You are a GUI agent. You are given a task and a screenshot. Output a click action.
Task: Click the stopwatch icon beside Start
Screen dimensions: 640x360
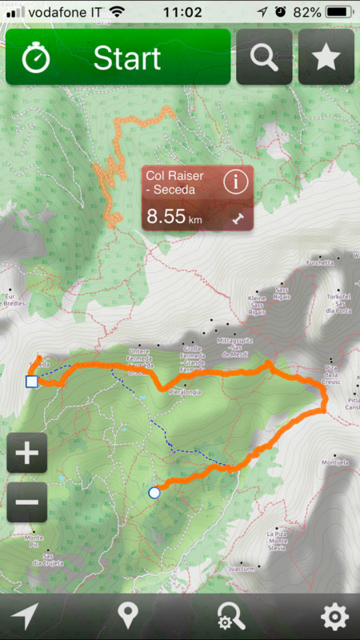coord(36,58)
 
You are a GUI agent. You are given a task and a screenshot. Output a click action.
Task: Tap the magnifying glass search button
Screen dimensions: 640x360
coord(264,58)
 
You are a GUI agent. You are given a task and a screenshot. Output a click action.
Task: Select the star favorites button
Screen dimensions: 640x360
coord(326,58)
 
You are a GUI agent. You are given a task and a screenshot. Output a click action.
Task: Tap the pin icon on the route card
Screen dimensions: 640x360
coord(238,217)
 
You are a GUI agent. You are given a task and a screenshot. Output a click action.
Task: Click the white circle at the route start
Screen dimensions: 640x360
coord(154,493)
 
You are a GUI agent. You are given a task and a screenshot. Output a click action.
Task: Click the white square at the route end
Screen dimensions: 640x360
coord(31,382)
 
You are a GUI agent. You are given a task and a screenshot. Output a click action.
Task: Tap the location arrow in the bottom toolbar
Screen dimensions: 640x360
coord(25,617)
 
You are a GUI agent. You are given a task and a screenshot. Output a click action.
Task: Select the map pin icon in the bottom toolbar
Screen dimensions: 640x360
coord(127,617)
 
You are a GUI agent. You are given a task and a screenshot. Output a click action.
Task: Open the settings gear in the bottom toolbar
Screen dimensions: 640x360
coord(334,617)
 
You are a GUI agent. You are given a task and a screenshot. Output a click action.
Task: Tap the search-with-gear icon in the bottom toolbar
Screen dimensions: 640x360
coord(231,617)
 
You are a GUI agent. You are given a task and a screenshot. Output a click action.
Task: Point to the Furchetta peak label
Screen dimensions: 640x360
coord(318,261)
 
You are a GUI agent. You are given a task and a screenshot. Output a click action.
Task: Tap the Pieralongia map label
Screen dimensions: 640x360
coord(185,392)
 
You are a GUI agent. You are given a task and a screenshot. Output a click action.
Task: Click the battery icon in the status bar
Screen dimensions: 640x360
coord(340,12)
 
